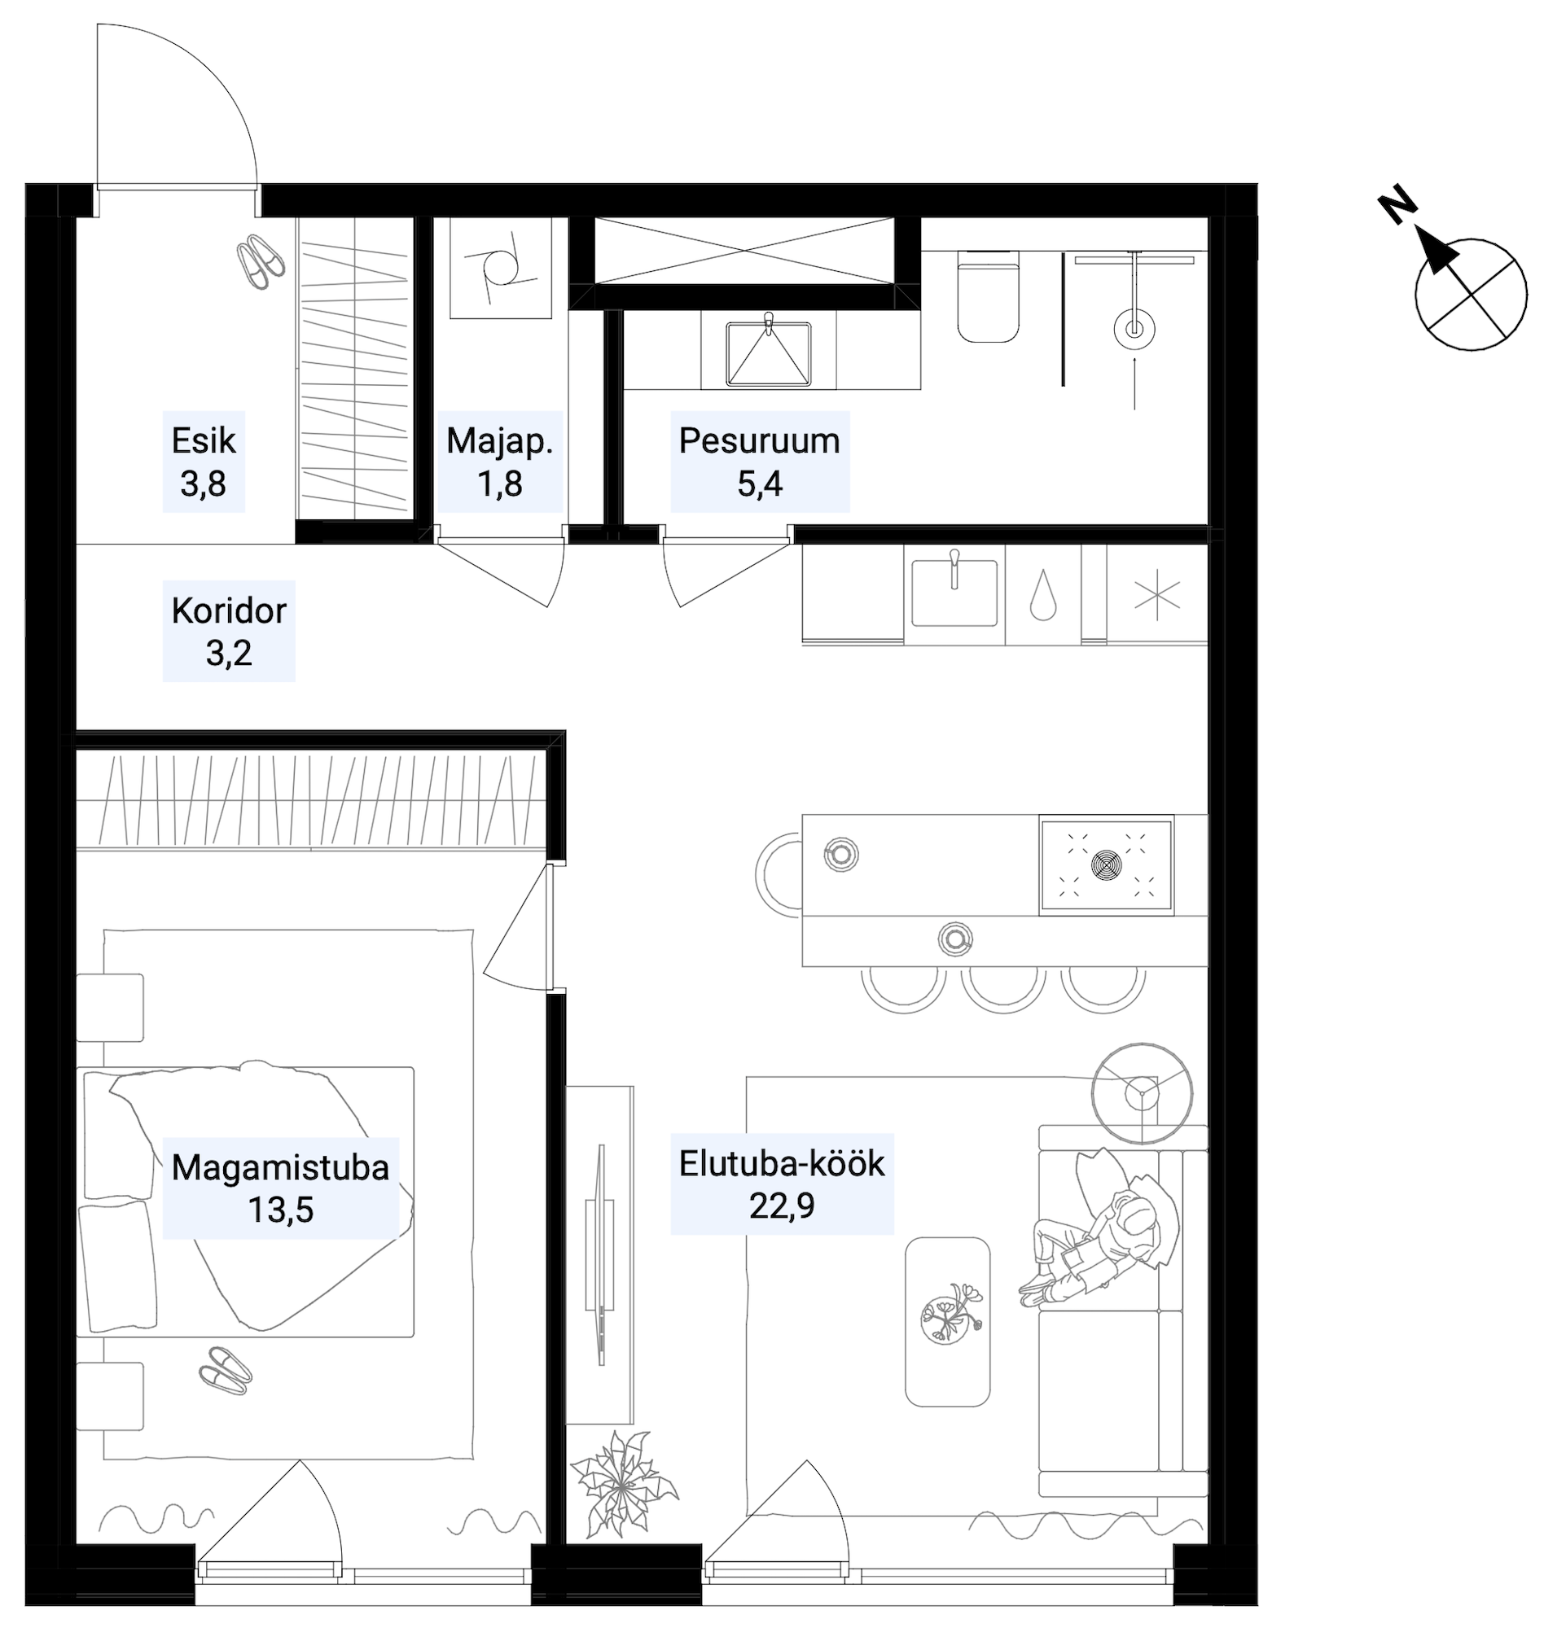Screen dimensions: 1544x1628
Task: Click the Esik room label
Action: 204,462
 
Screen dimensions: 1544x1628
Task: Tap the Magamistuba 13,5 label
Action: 281,1188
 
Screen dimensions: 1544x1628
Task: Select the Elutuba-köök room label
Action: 782,1184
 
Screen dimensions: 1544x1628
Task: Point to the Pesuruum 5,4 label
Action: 760,462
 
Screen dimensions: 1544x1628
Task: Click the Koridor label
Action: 229,631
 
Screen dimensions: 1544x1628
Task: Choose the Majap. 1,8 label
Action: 499,462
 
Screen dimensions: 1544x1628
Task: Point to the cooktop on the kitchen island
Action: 1107,865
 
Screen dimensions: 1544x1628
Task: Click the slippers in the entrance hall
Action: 261,261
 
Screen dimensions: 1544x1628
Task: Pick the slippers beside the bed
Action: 225,1370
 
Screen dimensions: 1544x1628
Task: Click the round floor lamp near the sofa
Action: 1142,1093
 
